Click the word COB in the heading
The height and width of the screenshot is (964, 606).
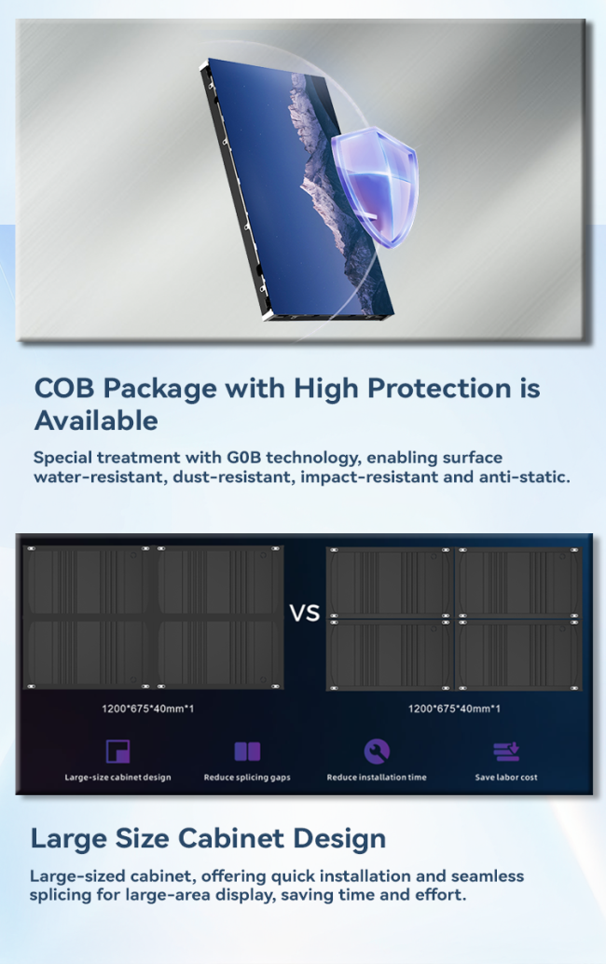point(64,389)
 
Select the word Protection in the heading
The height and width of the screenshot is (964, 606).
point(439,389)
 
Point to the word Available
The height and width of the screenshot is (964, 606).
point(96,421)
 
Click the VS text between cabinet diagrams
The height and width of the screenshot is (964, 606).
point(305,613)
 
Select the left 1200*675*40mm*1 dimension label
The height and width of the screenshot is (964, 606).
point(147,709)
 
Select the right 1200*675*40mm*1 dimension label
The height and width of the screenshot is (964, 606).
point(454,709)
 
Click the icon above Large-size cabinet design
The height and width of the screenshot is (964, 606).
point(118,751)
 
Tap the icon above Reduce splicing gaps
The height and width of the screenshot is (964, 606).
point(248,751)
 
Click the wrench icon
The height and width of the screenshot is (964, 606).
point(377,751)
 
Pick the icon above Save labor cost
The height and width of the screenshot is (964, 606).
point(506,751)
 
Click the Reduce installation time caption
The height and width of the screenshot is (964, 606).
point(377,778)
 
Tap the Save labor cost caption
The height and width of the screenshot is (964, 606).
point(506,778)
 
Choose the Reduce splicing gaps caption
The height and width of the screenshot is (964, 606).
point(247,778)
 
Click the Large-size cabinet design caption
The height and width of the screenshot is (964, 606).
point(118,778)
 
